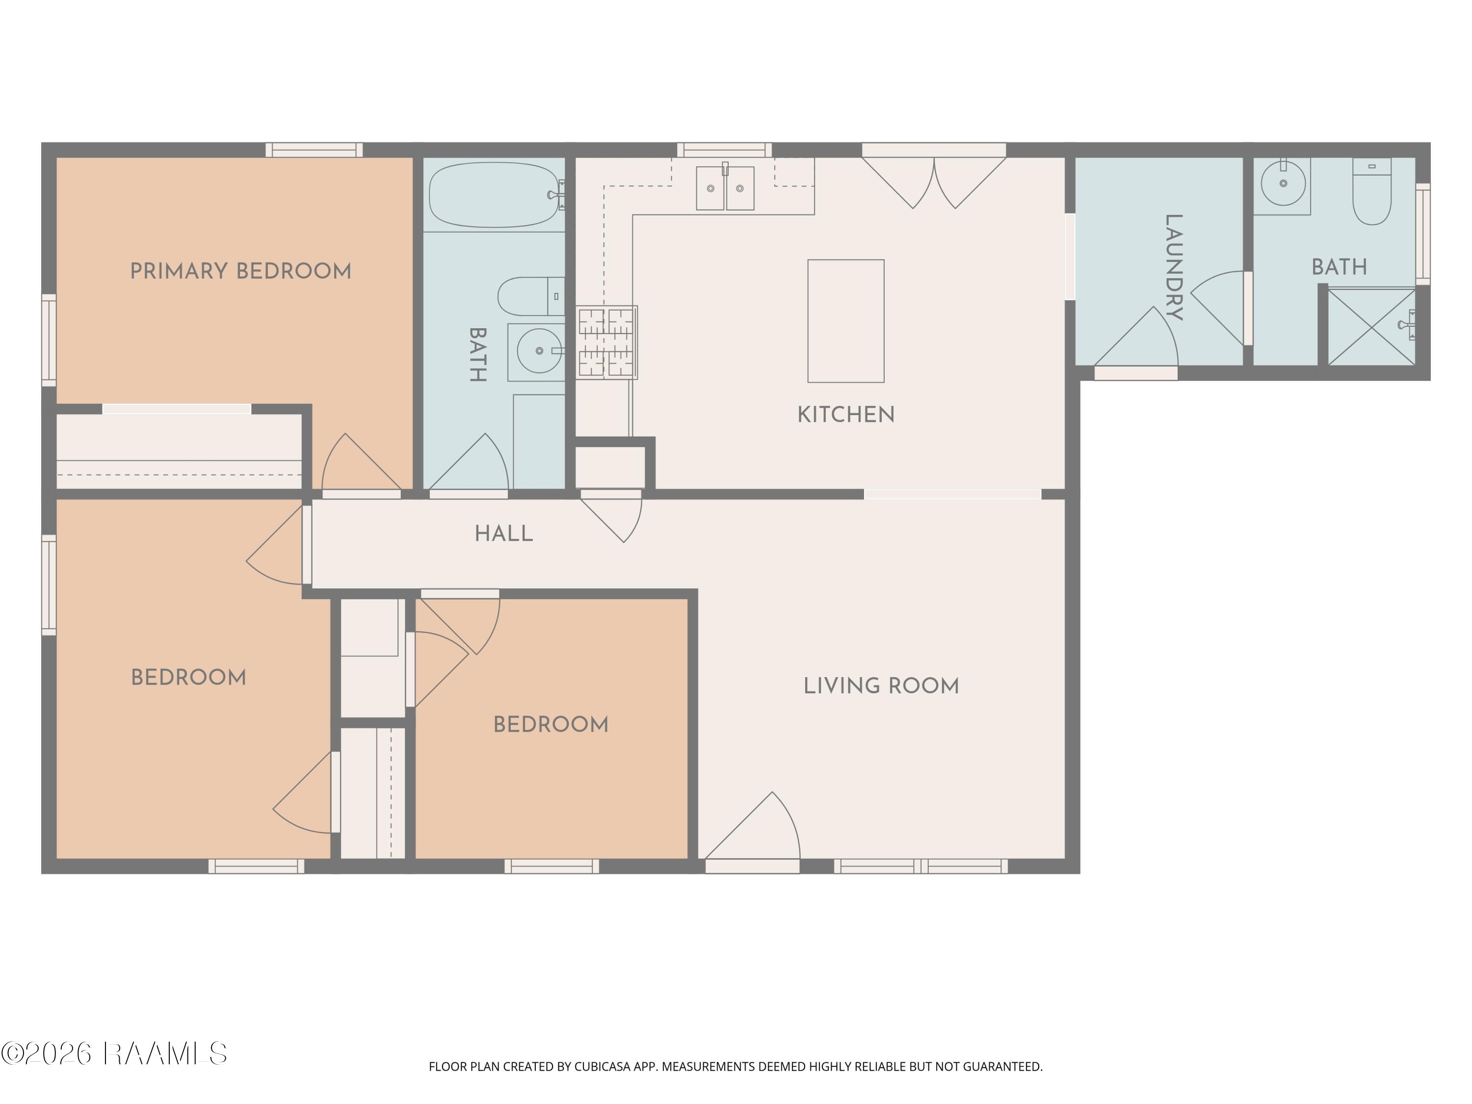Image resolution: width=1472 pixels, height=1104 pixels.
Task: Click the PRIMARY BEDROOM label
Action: click(240, 271)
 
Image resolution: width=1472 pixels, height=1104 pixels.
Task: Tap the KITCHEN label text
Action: click(846, 415)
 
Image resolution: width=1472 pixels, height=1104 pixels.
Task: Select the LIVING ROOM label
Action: click(881, 686)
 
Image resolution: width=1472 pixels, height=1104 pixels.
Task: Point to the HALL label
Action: click(504, 534)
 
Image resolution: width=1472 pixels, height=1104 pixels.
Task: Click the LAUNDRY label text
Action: click(1173, 267)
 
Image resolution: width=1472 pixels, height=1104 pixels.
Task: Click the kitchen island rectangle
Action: click(846, 321)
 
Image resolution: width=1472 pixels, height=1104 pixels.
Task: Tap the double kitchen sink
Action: click(725, 187)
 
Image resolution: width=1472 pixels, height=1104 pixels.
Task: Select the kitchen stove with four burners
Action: click(606, 342)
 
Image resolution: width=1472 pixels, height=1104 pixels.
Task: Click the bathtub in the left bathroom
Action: click(495, 195)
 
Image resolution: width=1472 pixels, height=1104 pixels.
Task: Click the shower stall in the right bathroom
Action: click(1371, 327)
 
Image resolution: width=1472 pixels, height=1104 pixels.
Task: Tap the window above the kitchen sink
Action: click(725, 150)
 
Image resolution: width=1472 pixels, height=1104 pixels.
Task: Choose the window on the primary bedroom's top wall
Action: click(314, 150)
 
